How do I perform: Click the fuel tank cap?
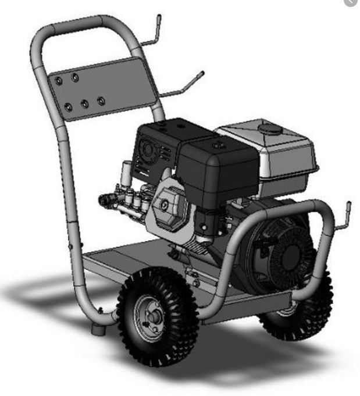coord(268,127)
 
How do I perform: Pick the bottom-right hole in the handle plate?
coord(101,101)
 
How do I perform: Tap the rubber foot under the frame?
coord(97,330)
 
